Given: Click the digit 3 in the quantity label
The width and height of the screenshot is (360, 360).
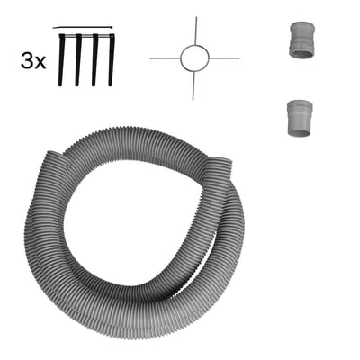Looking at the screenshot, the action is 26,60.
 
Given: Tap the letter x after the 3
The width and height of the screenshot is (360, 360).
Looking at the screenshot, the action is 40,63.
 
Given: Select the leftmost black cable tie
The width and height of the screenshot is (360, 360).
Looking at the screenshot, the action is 61,60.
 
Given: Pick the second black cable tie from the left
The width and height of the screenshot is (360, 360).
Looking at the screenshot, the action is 78,60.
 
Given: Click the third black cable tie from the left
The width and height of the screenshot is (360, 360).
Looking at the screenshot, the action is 95,60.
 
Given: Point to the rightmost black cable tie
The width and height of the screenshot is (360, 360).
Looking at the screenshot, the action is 112,60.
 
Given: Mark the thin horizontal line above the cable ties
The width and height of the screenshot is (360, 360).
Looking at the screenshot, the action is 83,28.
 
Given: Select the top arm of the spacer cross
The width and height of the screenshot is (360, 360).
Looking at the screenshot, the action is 196,31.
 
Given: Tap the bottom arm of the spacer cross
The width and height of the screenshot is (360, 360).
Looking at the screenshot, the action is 193,85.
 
